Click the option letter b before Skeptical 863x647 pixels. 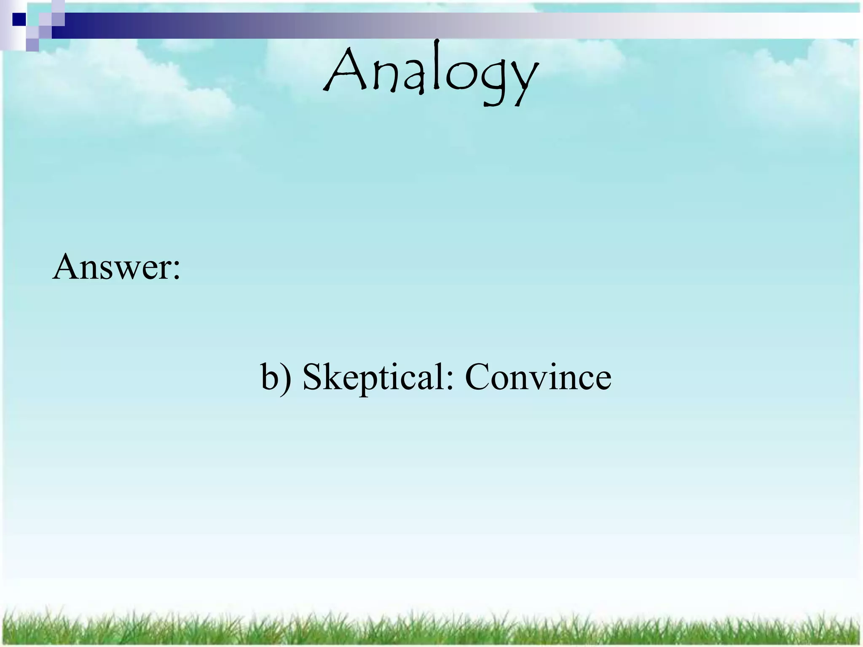coord(270,376)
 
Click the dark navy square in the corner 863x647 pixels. coord(19,19)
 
